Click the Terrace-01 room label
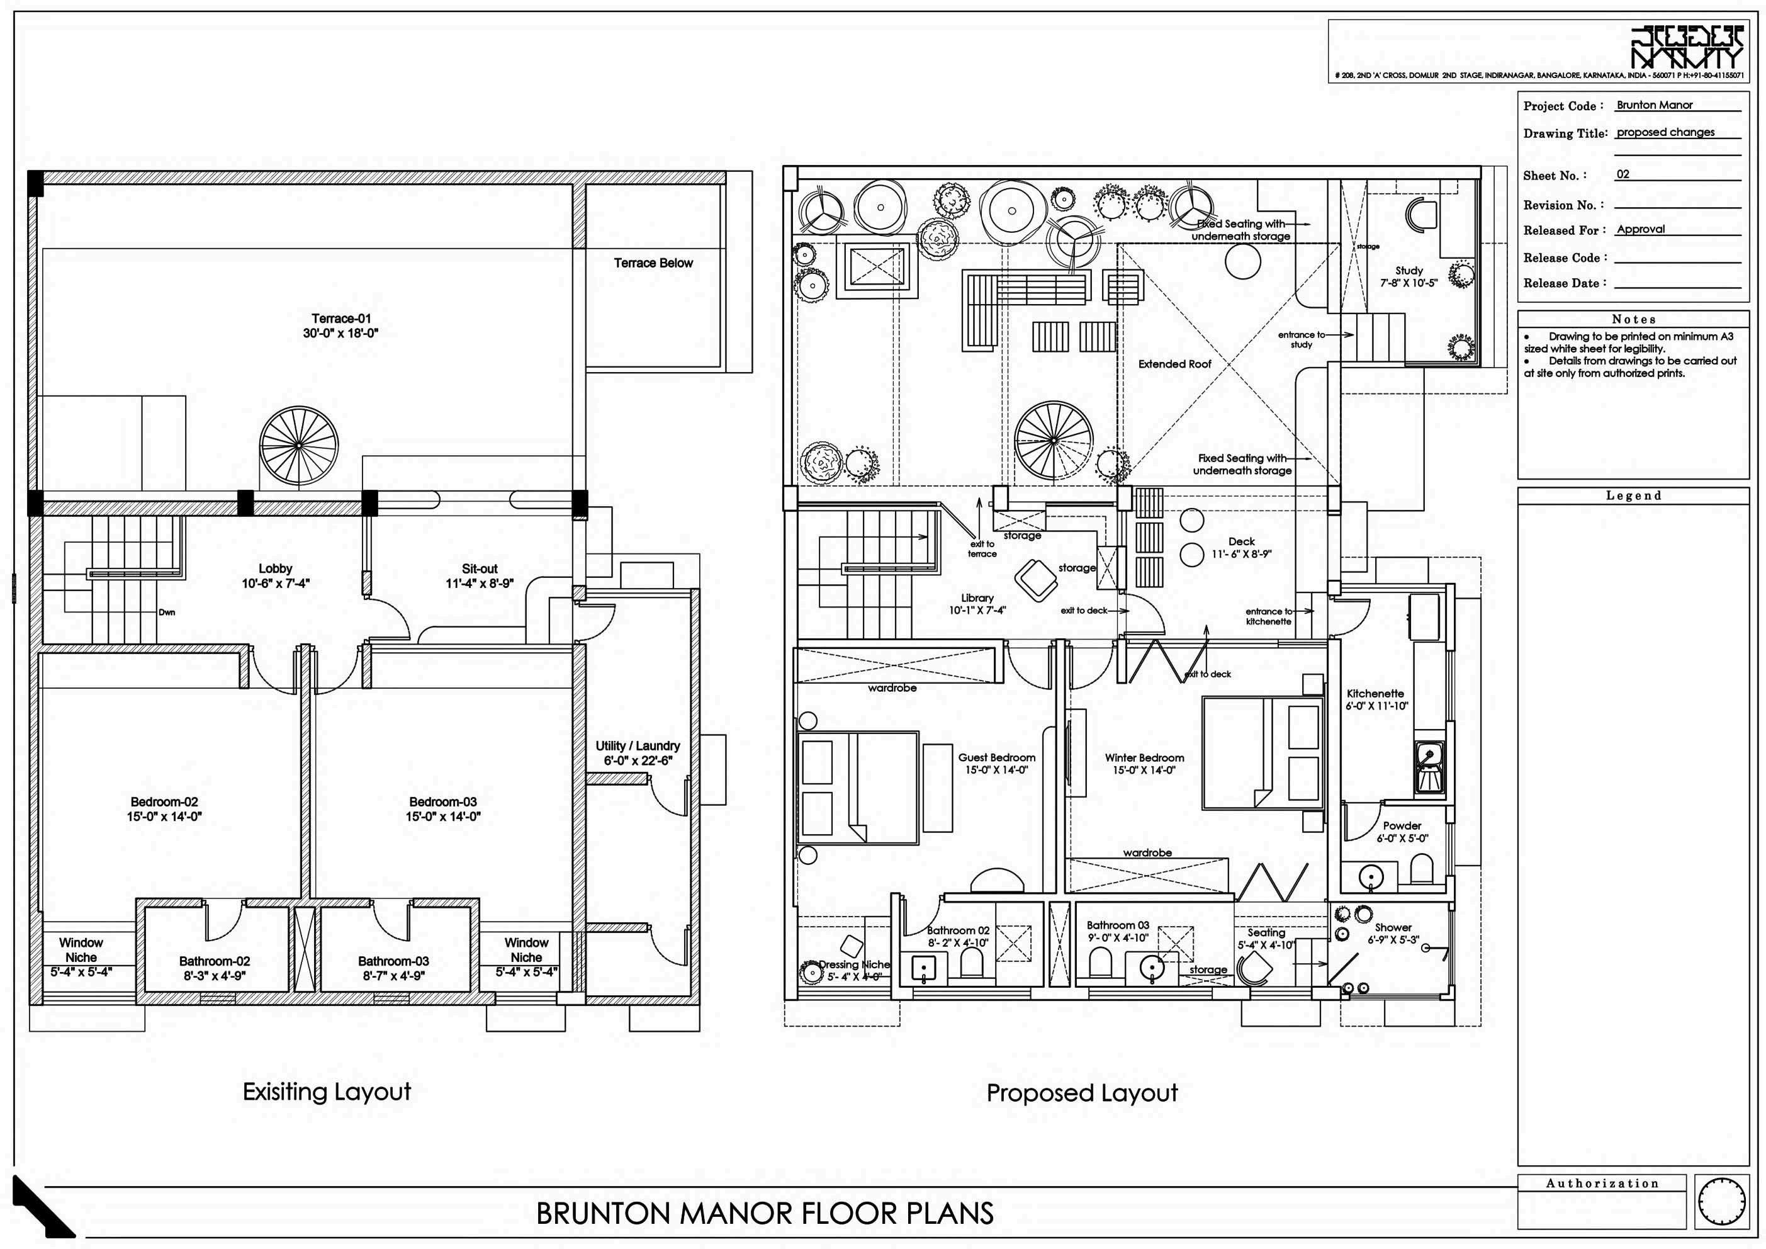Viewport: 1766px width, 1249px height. pos(340,325)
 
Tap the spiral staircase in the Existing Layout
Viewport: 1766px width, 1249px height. pos(299,446)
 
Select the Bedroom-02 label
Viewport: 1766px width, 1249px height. pos(164,809)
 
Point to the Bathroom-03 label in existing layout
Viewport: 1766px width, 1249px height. pos(394,968)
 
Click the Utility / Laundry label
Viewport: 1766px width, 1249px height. pos(638,753)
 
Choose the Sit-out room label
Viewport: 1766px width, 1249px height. pos(479,575)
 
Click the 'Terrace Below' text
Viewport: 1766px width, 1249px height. pos(653,263)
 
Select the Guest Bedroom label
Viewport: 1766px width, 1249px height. pos(996,764)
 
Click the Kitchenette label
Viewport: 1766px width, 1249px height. pos(1375,699)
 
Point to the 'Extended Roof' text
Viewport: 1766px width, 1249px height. pos(1174,364)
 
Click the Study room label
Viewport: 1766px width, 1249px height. pos(1409,276)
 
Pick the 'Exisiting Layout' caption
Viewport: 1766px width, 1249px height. pos(327,1091)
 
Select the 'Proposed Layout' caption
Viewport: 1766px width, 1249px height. pos(1081,1093)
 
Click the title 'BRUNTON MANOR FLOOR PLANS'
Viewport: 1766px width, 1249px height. pos(765,1214)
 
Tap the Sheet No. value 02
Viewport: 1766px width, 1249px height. pos(1623,174)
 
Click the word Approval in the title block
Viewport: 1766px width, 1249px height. pos(1641,229)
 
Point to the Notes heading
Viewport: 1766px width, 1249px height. pos(1634,319)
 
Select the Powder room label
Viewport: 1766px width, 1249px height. pos(1402,832)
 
